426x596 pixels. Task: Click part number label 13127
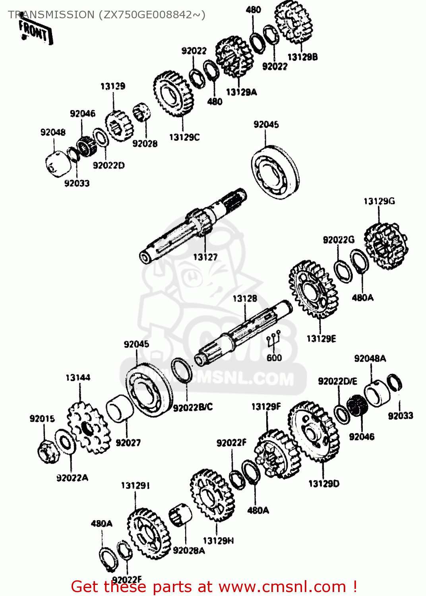pyautogui.click(x=205, y=257)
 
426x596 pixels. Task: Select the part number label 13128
pyautogui.click(x=245, y=298)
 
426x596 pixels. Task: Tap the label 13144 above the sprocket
pyautogui.click(x=78, y=377)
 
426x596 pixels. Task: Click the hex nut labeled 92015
pyautogui.click(x=48, y=452)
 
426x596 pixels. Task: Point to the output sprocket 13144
pyautogui.click(x=87, y=428)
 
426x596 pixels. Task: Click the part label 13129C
pyautogui.click(x=184, y=137)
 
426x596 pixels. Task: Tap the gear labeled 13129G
pyautogui.click(x=385, y=246)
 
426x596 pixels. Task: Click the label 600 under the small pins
pyautogui.click(x=274, y=358)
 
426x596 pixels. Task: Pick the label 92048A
pyautogui.click(x=370, y=358)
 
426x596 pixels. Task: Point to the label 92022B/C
pyautogui.click(x=193, y=407)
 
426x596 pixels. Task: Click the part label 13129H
pyautogui.click(x=218, y=541)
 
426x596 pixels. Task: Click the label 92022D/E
pyautogui.click(x=337, y=381)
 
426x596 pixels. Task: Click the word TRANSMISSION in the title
pyautogui.click(x=51, y=15)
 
